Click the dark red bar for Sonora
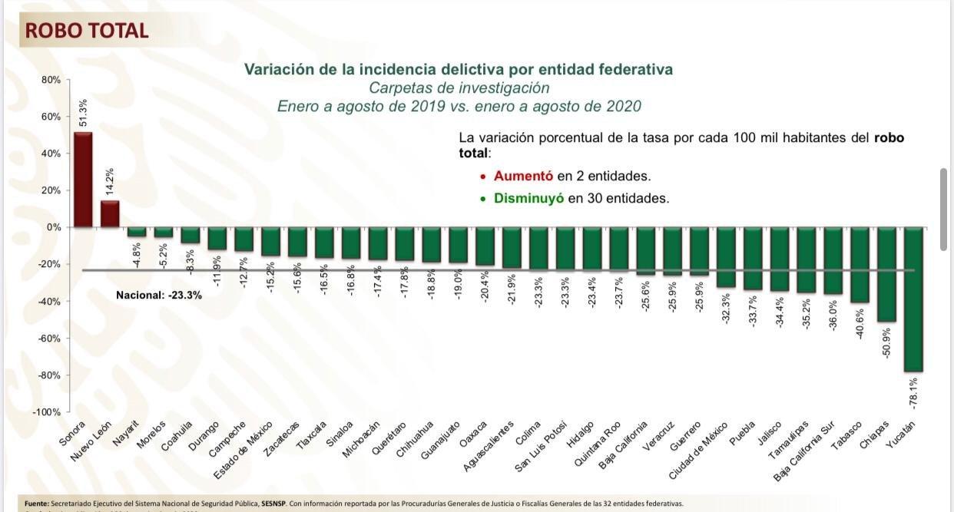83,180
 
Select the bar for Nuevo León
110,214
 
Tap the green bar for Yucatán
913,299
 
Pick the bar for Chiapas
886,274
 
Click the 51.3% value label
83,114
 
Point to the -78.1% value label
913,391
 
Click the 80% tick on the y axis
51,80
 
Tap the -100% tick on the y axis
48,412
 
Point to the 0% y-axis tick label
54,227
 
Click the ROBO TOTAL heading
87,31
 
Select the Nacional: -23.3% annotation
159,295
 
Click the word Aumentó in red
524,176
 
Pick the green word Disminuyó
529,198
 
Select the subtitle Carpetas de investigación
459,88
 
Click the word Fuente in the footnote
37,504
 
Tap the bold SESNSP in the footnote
275,504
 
